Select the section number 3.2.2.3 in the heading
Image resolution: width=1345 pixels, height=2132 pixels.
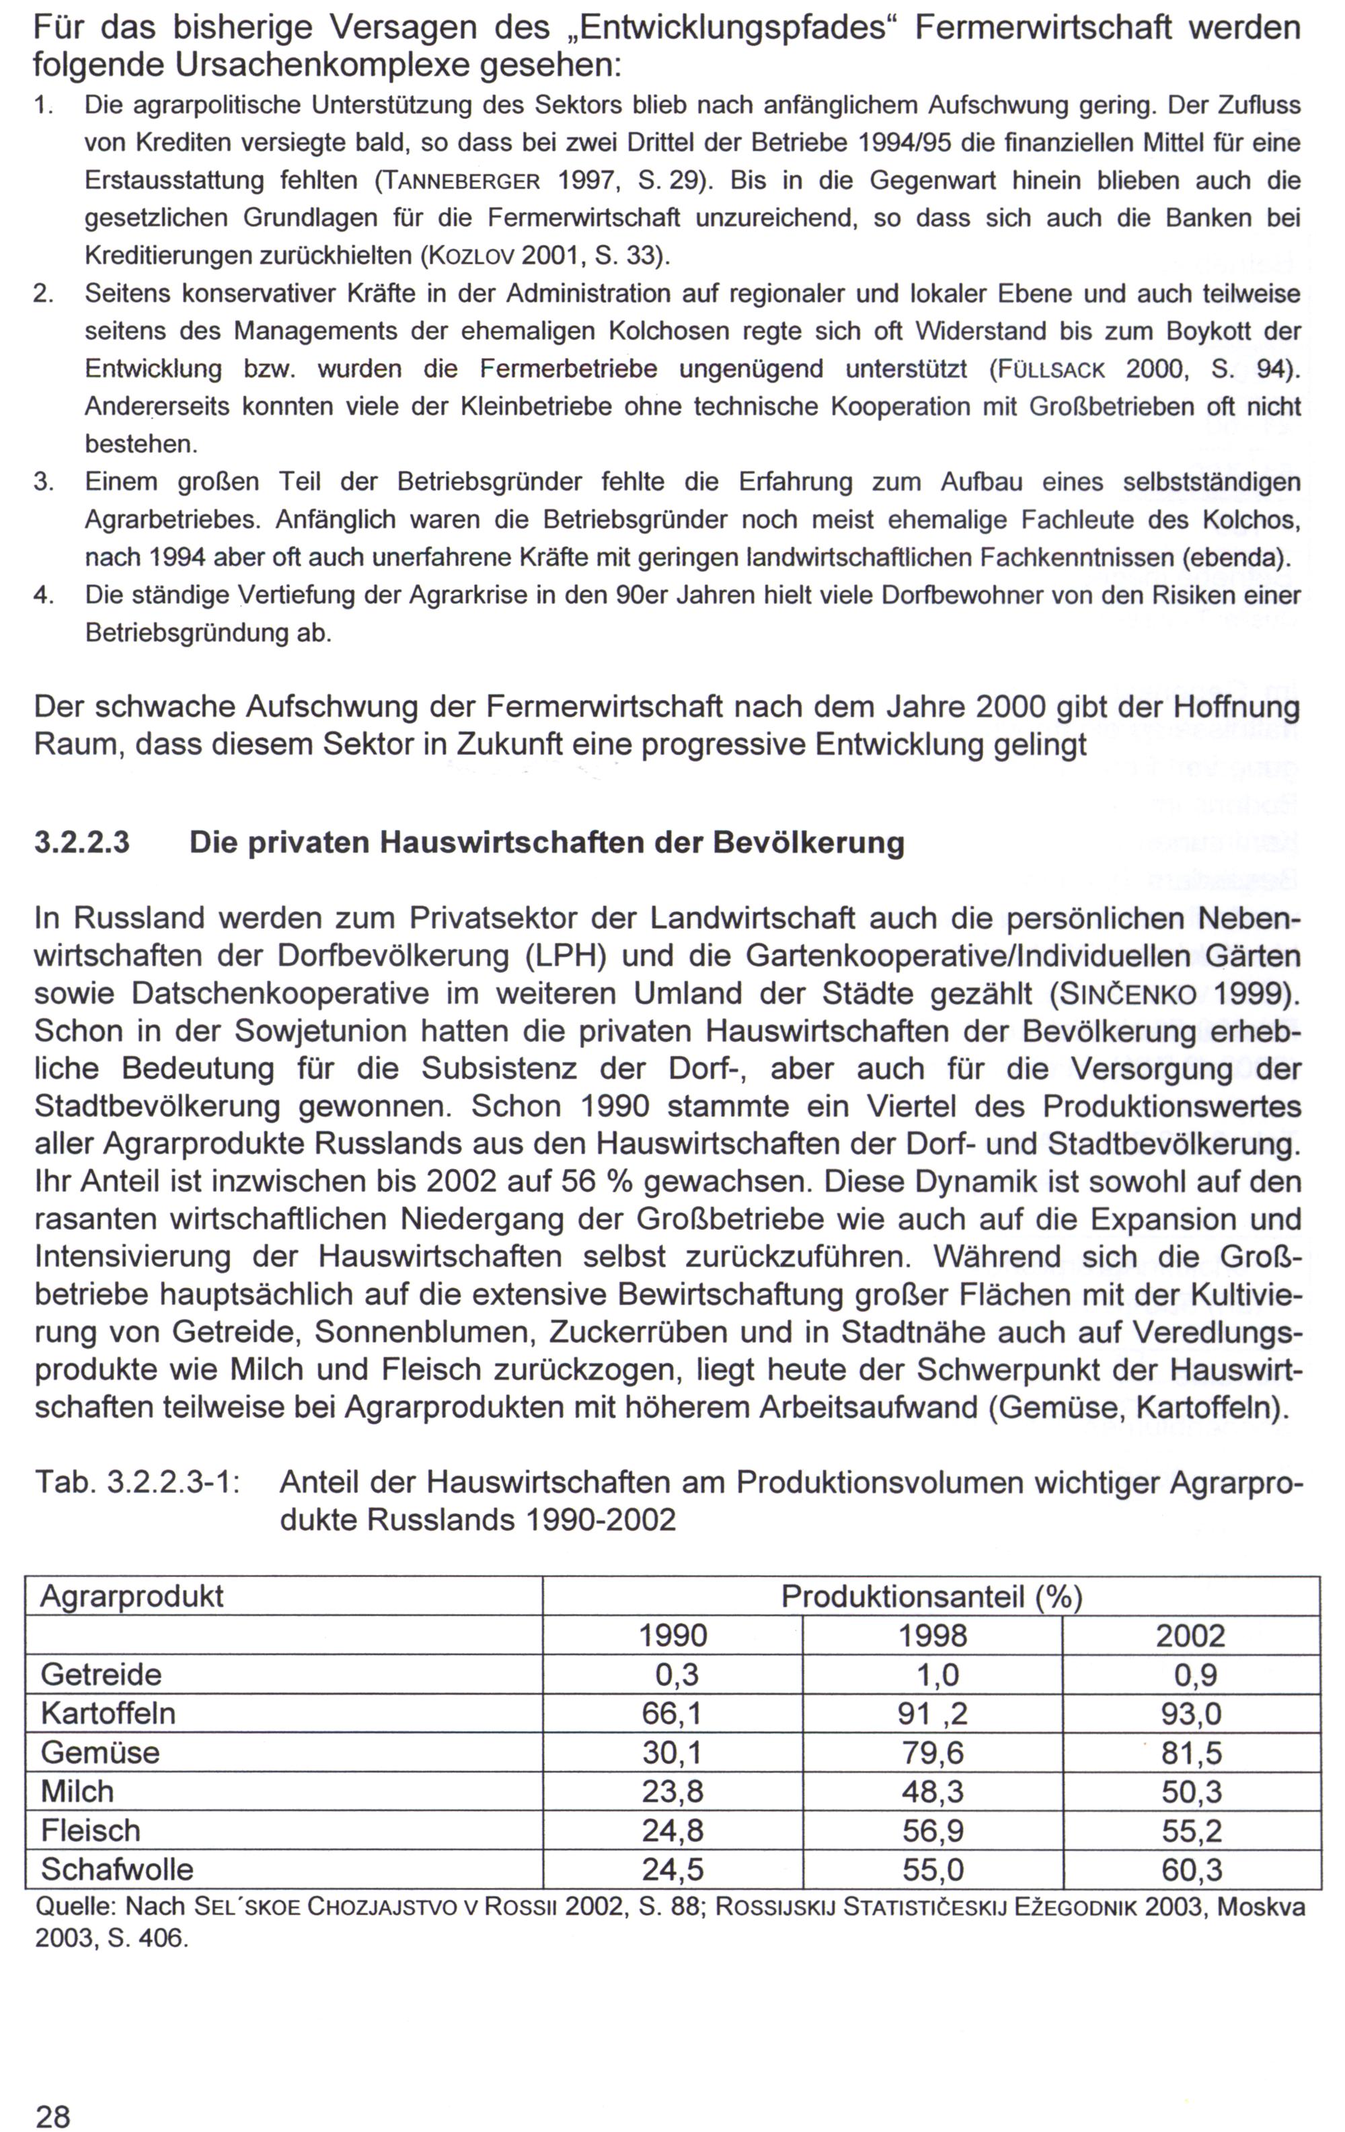point(81,842)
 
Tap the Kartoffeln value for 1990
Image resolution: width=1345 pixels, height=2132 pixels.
point(672,1712)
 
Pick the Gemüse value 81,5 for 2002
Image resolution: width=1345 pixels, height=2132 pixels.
point(1191,1751)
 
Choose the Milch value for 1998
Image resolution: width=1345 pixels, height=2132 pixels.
point(932,1790)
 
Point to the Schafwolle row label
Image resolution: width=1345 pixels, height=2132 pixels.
point(117,1868)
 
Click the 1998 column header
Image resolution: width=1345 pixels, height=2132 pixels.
point(932,1634)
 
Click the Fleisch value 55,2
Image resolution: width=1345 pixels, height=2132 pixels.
point(1191,1829)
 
